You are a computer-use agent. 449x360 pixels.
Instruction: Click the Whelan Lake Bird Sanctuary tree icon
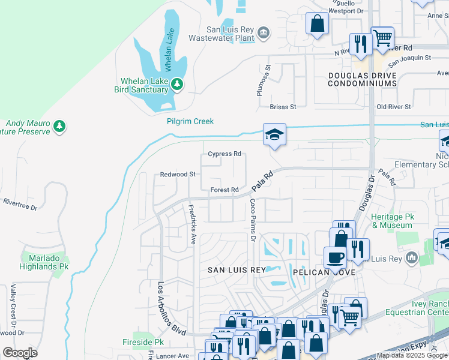pyautogui.click(x=176, y=85)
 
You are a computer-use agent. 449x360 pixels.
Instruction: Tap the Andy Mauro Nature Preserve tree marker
pyautogui.click(x=59, y=126)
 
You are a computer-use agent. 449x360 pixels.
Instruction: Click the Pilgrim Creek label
pyautogui.click(x=190, y=121)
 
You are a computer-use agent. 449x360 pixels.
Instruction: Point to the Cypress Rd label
pyautogui.click(x=224, y=154)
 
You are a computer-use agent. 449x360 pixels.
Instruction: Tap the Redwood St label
pyautogui.click(x=178, y=174)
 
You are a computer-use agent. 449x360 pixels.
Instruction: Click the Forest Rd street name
pyautogui.click(x=225, y=190)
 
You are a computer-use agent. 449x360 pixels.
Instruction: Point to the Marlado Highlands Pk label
pyautogui.click(x=45, y=262)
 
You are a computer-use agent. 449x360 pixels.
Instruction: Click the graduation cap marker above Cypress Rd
pyautogui.click(x=274, y=134)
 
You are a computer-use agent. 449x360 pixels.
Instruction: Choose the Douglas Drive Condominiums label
pyautogui.click(x=362, y=79)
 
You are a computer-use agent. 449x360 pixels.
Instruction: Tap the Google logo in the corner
pyautogui.click(x=20, y=353)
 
